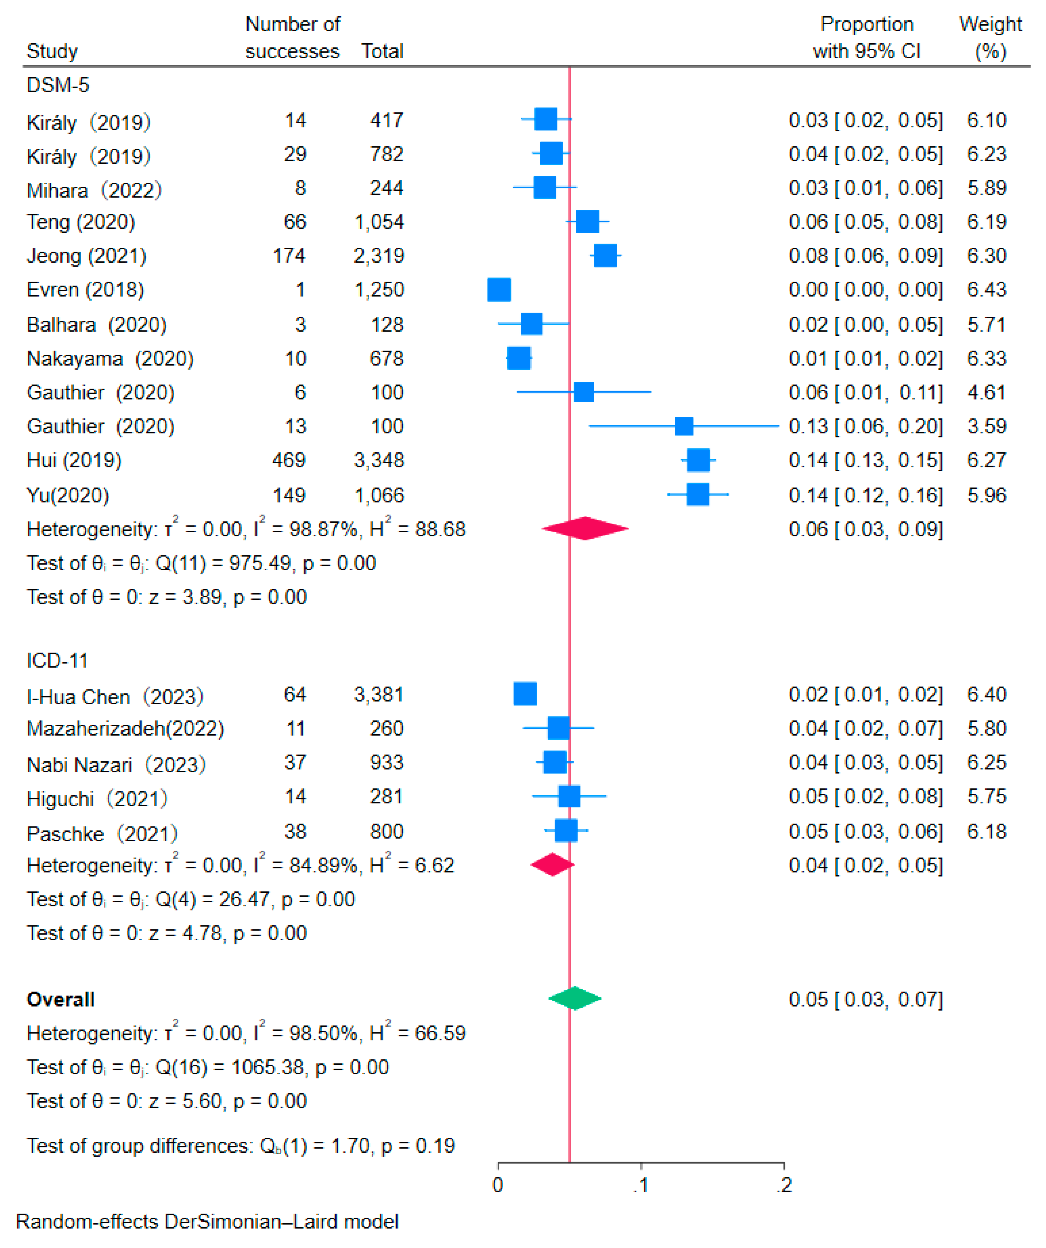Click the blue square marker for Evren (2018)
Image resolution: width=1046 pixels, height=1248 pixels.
pyautogui.click(x=499, y=289)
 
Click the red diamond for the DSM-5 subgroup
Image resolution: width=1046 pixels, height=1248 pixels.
pyautogui.click(x=585, y=528)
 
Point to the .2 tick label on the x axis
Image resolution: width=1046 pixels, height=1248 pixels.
pyautogui.click(x=784, y=1185)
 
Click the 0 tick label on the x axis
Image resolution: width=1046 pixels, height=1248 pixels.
pyautogui.click(x=498, y=1185)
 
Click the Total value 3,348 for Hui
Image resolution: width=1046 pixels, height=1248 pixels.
pyautogui.click(x=379, y=460)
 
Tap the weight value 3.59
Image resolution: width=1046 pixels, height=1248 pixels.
pyautogui.click(x=987, y=426)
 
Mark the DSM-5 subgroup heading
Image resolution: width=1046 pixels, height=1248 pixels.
pyautogui.click(x=58, y=85)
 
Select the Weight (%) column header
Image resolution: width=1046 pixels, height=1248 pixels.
pyautogui.click(x=990, y=38)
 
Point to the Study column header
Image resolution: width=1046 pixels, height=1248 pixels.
pyautogui.click(x=52, y=51)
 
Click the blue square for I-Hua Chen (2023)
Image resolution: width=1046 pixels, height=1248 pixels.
pyautogui.click(x=525, y=693)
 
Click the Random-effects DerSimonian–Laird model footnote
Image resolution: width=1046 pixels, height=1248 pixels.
pyautogui.click(x=207, y=1221)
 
